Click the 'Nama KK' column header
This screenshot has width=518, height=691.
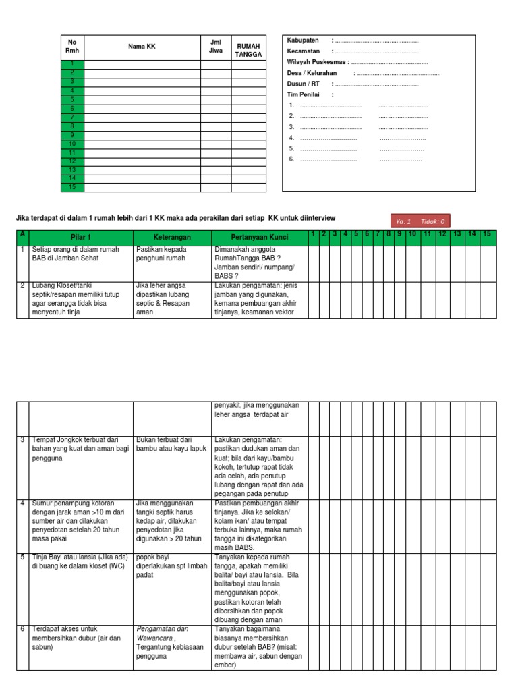[142, 46]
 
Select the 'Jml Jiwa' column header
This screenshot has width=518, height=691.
[215, 46]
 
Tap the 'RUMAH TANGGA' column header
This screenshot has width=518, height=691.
[248, 50]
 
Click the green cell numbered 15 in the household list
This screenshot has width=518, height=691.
[72, 188]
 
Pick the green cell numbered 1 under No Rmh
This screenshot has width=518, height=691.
[72, 64]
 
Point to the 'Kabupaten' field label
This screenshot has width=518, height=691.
[303, 40]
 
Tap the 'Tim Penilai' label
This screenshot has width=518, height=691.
[303, 94]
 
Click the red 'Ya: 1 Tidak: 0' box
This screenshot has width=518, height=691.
[418, 221]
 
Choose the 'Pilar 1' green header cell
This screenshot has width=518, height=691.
[80, 238]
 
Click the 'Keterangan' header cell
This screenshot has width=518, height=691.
[171, 238]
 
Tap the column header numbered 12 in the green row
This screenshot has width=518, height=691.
[442, 234]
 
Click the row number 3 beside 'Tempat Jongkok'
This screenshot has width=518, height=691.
[22, 440]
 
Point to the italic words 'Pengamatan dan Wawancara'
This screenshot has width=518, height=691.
[162, 633]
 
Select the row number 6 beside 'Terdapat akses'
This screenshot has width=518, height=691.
[22, 629]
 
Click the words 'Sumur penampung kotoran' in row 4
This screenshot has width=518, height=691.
[73, 503]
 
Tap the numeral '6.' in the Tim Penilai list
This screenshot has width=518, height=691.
[291, 159]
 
